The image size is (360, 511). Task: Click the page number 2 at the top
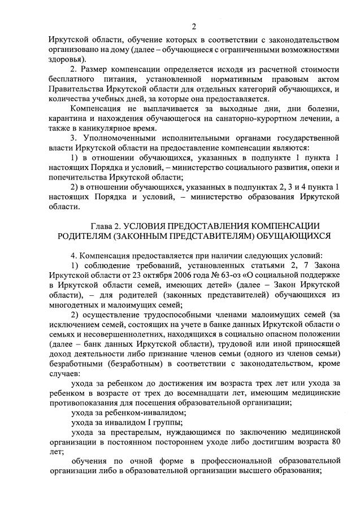[194, 27]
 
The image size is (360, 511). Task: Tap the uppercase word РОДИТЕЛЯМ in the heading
[96, 236]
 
